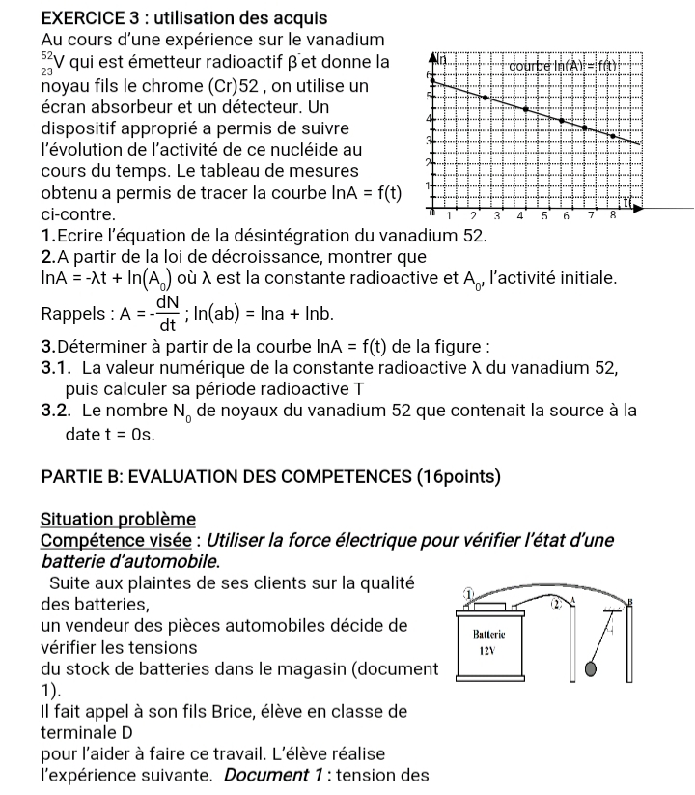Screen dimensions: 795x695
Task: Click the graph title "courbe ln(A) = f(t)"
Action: (572, 66)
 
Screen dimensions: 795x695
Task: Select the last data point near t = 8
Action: (612, 136)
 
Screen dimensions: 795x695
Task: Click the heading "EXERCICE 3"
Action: (90, 17)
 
